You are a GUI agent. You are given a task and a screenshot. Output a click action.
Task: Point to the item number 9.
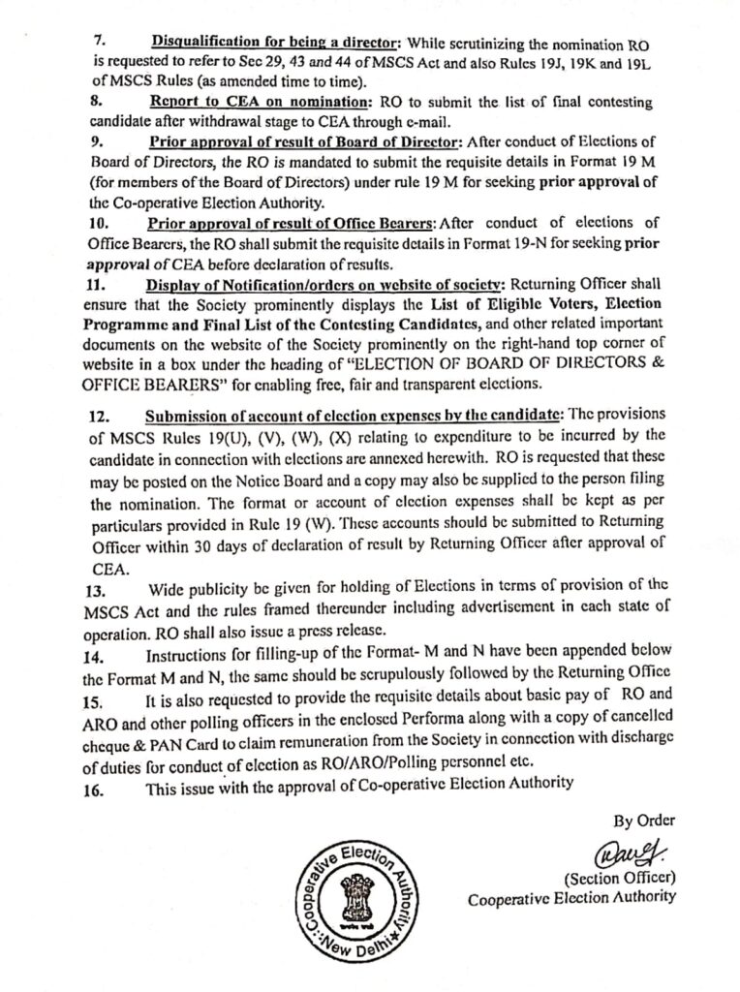pos(97,141)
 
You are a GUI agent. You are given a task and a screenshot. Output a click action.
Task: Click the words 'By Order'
pos(643,821)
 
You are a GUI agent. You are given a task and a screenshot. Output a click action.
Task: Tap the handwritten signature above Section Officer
pos(627,854)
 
